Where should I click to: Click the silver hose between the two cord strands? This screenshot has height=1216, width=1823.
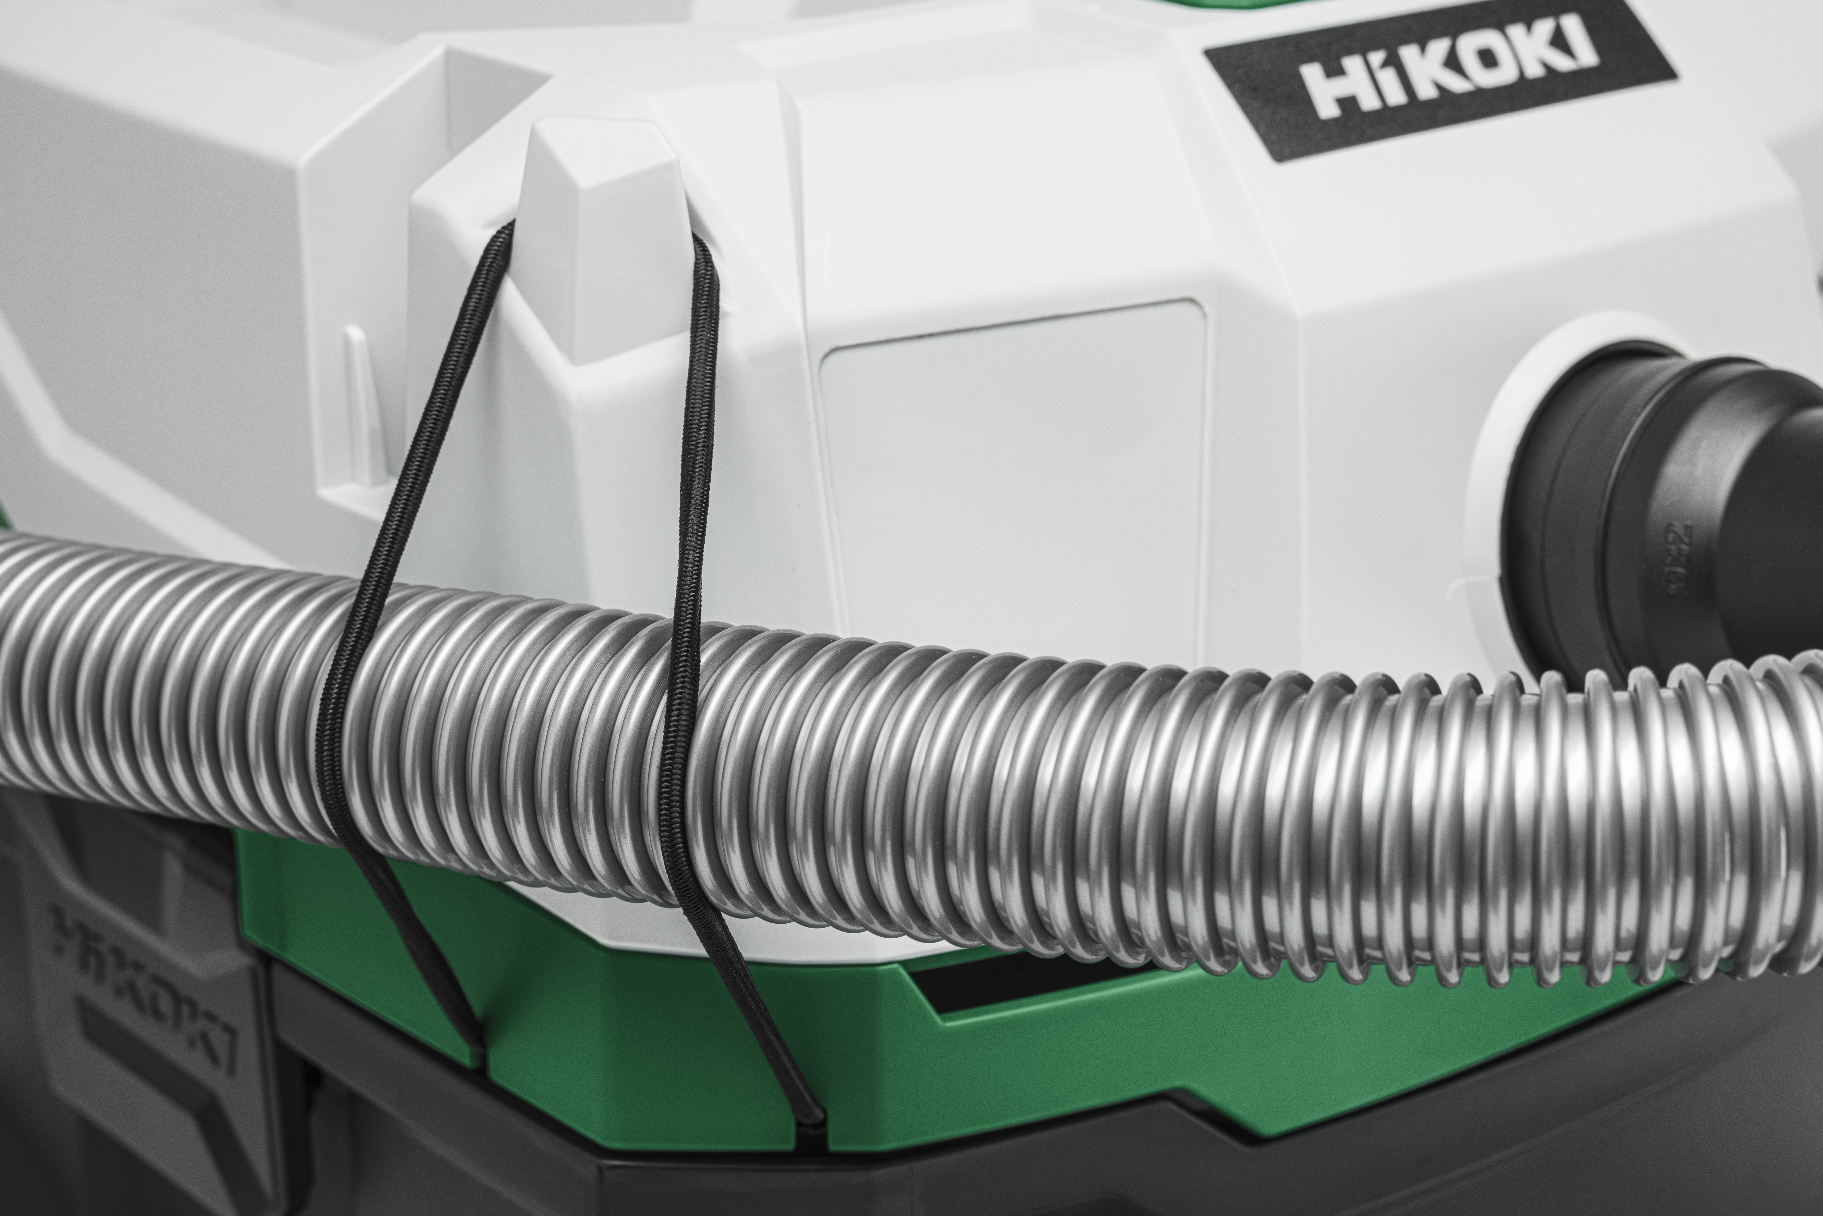504,737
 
